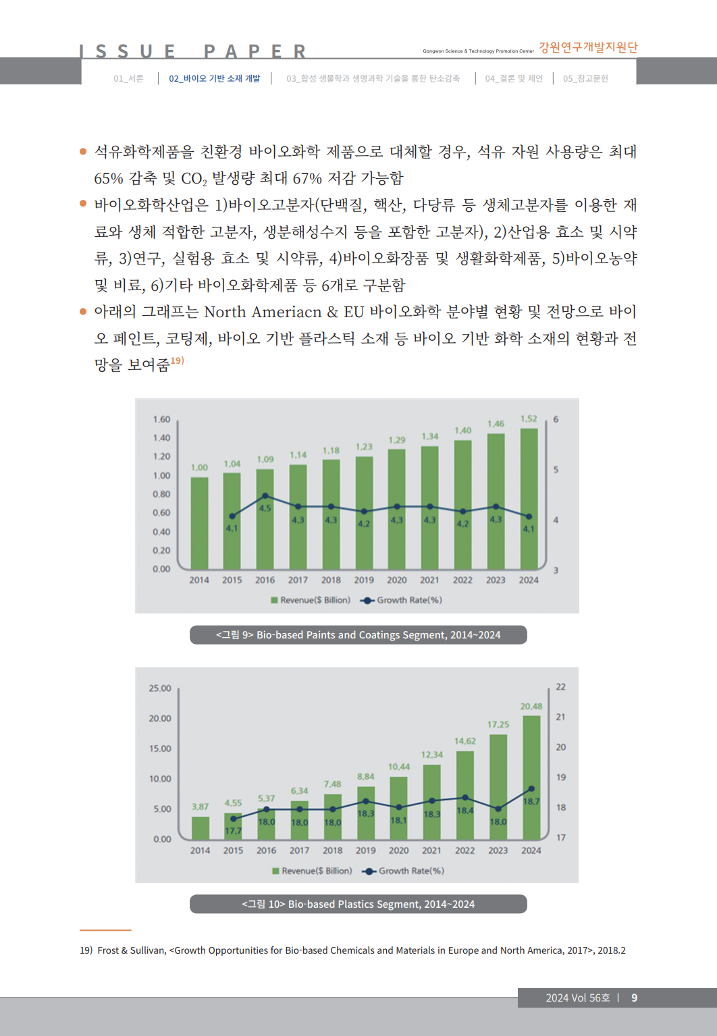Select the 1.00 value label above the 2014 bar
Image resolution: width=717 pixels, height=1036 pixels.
[199, 467]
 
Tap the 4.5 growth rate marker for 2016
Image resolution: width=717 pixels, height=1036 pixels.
[265, 496]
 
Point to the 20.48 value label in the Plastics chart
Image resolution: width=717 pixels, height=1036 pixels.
[531, 706]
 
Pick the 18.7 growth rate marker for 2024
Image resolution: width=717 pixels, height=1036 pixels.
[531, 788]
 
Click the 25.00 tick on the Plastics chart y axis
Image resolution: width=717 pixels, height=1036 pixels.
[160, 688]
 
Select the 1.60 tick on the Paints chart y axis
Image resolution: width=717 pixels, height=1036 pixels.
[161, 419]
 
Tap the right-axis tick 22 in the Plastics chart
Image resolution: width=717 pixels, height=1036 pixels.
[560, 687]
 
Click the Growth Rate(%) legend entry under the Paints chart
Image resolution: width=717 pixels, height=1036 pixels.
[402, 600]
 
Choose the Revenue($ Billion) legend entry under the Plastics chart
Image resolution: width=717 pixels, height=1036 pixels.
[312, 871]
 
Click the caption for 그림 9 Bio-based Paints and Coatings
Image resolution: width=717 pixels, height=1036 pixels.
[358, 635]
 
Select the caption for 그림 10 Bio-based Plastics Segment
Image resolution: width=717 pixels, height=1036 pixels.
[358, 904]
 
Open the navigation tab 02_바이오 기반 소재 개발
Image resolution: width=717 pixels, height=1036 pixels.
[214, 78]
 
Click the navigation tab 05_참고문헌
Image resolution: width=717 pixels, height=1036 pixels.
[585, 78]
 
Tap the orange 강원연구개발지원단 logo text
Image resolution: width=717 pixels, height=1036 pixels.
[587, 47]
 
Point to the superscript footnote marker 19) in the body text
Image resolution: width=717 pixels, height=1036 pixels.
[177, 360]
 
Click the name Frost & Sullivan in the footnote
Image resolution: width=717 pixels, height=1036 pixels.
[131, 950]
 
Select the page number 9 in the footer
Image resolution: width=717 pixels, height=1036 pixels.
[634, 998]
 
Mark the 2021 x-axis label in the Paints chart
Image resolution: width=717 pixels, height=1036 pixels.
[429, 580]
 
